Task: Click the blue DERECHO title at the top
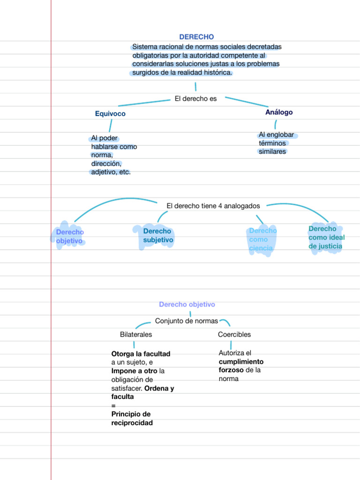pos(196,37)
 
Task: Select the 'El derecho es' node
pos(195,98)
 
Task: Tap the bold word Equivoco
pos(110,113)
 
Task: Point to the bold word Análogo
pos(279,112)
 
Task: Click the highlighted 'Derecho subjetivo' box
pos(158,235)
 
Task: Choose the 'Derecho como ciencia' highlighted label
pos(262,240)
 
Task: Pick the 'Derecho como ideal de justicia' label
pos(326,238)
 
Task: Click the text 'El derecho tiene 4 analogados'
pos(213,206)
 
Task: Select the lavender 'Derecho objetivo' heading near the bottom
pos(187,304)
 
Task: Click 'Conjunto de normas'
pos(187,321)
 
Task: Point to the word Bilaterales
pos(136,334)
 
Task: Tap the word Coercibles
pos(234,334)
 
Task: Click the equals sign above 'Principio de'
pos(113,405)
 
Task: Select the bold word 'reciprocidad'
pos(132,423)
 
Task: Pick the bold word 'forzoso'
pos(231,370)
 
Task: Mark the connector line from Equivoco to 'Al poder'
pos(110,126)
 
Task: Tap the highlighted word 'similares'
pos(272,151)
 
